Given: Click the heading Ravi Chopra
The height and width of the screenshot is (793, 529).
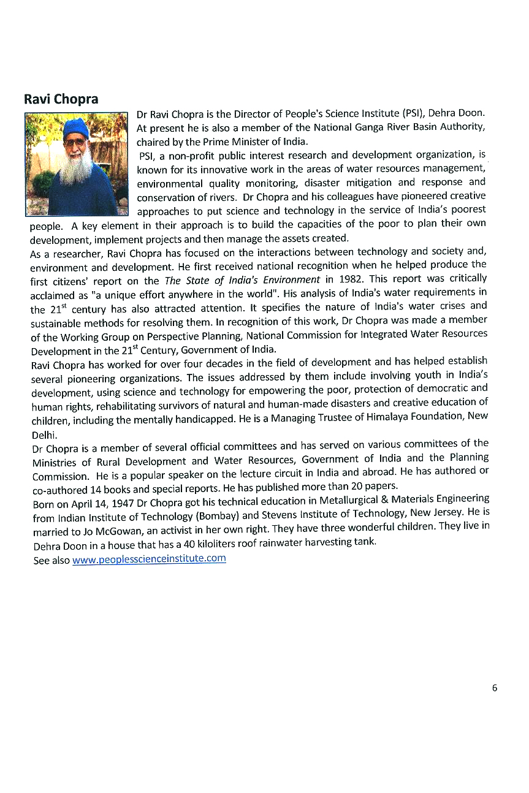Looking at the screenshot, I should pos(61,99).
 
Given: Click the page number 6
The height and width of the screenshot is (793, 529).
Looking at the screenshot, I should pos(494,688).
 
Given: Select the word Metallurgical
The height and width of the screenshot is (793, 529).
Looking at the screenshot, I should pos(347,501).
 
